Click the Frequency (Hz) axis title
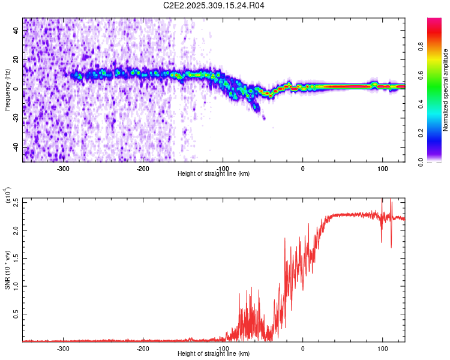(7, 89)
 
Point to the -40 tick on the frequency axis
(15, 147)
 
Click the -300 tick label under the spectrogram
(63, 168)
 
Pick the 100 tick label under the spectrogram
(382, 168)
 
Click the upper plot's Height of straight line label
(214, 174)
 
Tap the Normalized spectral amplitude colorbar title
(445, 89)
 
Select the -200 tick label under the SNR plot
(143, 348)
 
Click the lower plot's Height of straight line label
(214, 354)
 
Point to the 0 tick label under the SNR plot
(303, 348)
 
